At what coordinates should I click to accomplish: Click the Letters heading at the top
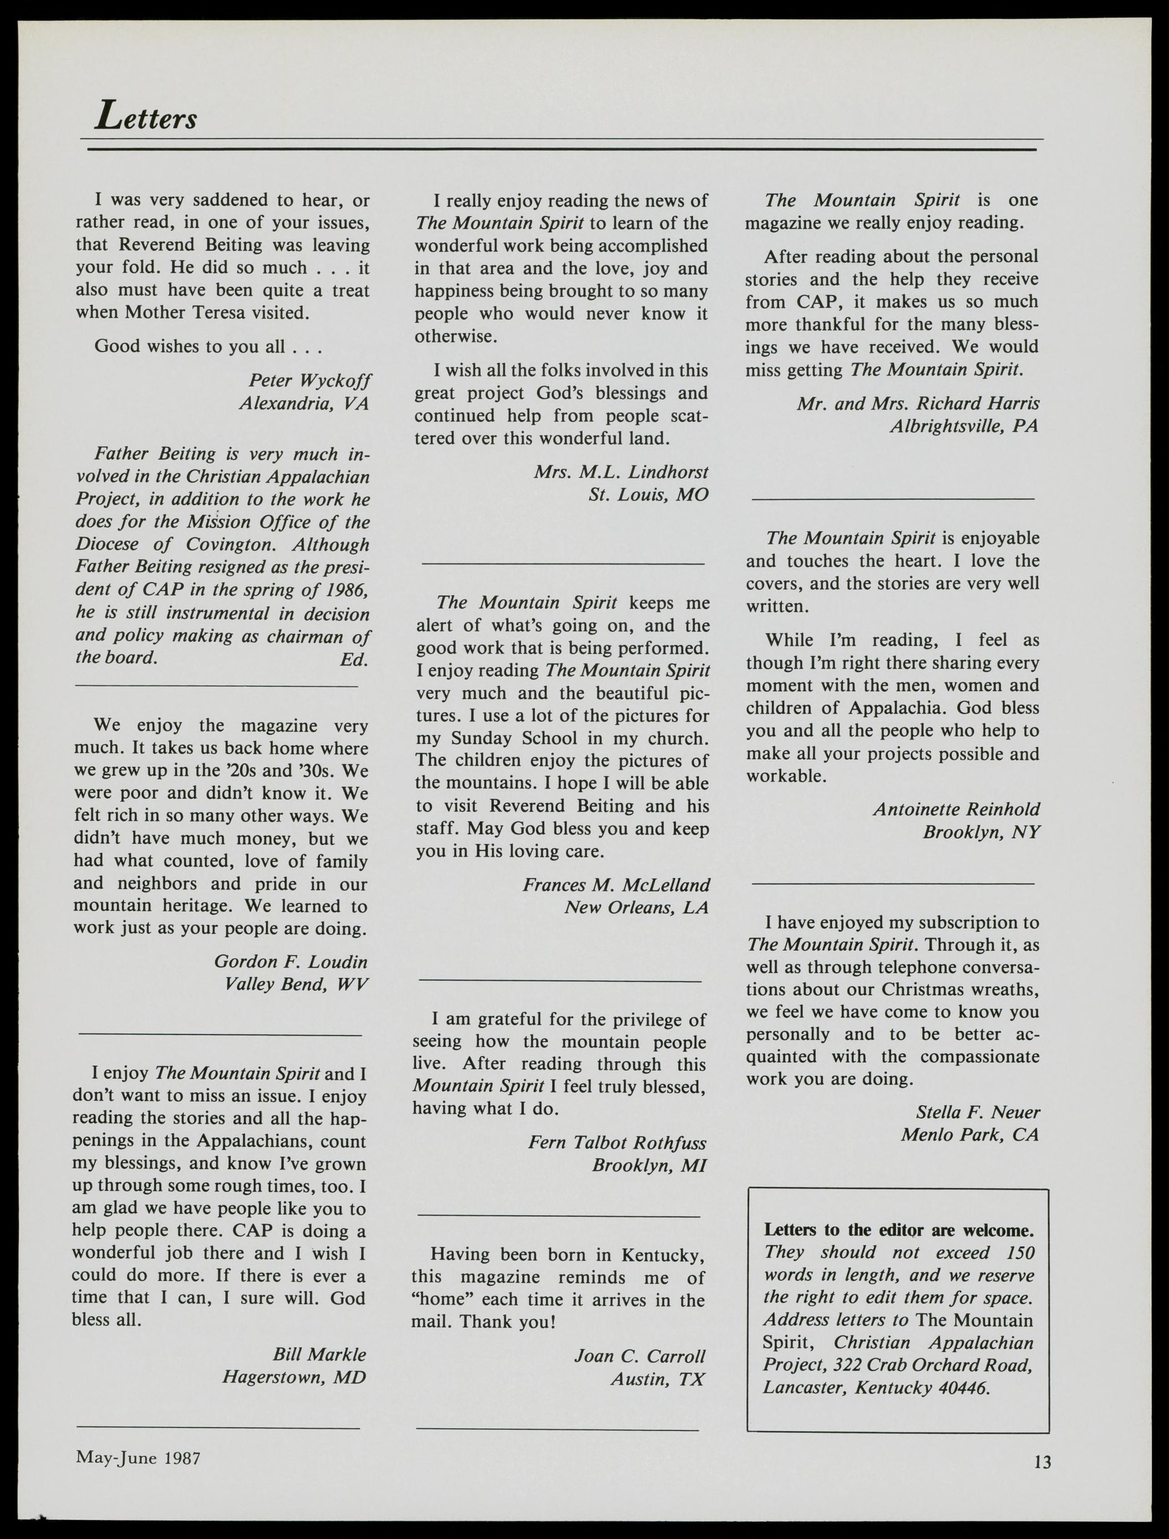click(146, 116)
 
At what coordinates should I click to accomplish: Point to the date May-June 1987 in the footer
click(138, 1458)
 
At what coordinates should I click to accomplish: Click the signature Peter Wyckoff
click(310, 381)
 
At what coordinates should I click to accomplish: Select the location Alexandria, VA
click(304, 404)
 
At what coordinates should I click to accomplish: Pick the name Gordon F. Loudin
click(291, 962)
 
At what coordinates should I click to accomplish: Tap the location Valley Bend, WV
click(296, 984)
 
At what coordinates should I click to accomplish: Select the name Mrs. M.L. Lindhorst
click(621, 472)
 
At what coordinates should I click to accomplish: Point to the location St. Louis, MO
click(648, 494)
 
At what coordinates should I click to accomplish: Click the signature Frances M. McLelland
click(616, 885)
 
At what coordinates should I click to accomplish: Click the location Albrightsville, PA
click(964, 426)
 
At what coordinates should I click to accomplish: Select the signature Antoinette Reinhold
click(957, 809)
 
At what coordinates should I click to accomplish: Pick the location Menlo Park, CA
click(969, 1135)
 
